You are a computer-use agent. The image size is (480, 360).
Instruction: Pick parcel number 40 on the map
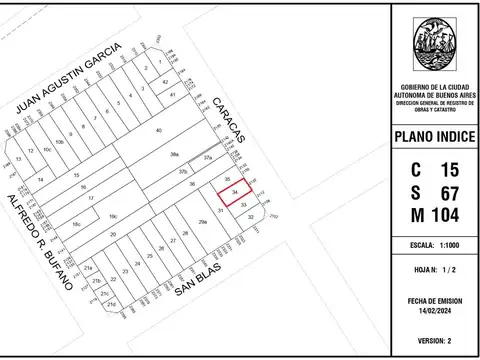[x=158, y=132]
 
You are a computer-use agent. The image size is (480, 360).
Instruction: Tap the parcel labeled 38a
[x=174, y=156]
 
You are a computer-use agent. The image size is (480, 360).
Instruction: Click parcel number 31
[x=219, y=210]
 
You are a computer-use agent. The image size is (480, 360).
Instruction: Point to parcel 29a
[x=202, y=222]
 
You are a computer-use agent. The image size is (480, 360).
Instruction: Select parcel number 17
[x=91, y=199]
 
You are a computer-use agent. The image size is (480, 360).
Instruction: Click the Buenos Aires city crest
[x=431, y=48]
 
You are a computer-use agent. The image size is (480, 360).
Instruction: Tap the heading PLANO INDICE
[x=431, y=137]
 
